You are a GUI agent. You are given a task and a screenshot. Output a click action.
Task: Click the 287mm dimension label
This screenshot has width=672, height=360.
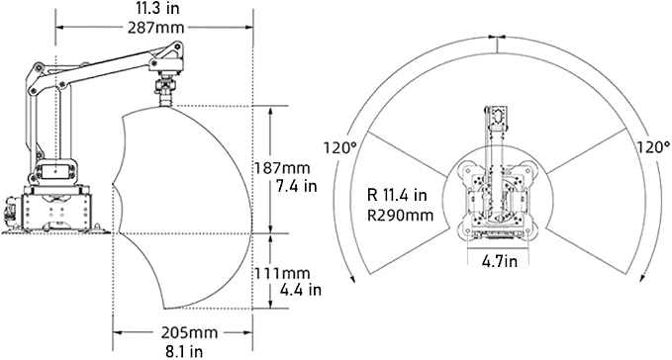tap(156, 28)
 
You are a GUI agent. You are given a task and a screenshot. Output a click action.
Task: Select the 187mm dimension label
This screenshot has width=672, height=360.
tap(282, 167)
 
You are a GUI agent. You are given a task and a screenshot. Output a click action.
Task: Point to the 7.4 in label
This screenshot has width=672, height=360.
tap(297, 186)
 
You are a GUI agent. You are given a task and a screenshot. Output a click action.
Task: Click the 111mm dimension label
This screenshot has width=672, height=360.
tap(282, 273)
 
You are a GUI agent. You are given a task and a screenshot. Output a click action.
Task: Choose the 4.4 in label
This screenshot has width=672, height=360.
tap(301, 290)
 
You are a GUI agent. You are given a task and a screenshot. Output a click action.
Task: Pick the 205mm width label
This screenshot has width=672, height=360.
tap(189, 332)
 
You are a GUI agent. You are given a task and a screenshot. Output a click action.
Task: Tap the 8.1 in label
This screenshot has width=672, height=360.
tap(184, 351)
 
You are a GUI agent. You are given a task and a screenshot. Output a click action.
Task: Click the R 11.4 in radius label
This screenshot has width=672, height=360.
tap(397, 195)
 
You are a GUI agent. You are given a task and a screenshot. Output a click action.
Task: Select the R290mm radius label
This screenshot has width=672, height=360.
tap(400, 215)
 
